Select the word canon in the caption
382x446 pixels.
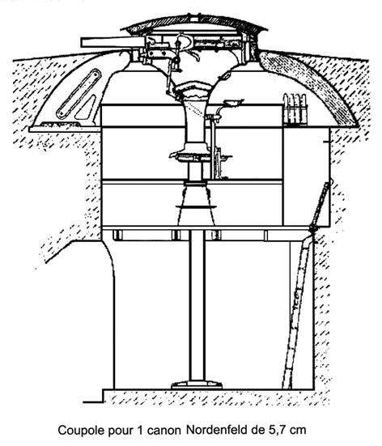tap(164, 431)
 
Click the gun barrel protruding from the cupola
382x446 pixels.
tap(113, 42)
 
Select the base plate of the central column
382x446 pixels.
tap(197, 385)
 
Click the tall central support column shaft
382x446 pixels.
tap(197, 306)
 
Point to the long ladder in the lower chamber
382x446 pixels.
tap(298, 313)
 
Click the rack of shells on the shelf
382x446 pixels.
tap(295, 109)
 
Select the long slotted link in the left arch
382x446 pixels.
tap(79, 94)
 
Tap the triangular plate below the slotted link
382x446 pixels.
tap(86, 109)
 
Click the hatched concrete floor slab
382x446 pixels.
tap(217, 397)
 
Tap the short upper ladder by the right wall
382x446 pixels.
tap(320, 206)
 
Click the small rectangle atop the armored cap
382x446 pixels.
tap(194, 19)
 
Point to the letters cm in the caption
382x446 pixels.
tap(298, 431)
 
